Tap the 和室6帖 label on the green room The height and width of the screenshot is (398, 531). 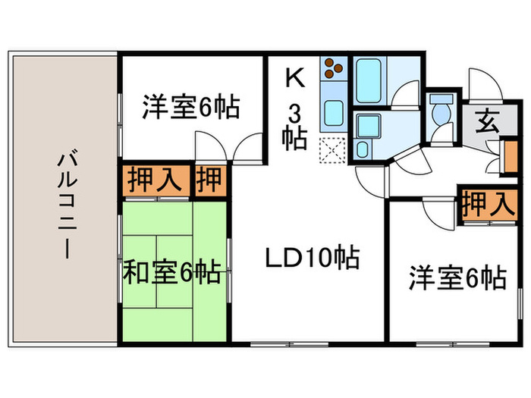(x=172, y=271)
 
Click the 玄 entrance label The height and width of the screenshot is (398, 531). (x=485, y=121)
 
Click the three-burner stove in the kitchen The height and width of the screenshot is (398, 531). (x=333, y=70)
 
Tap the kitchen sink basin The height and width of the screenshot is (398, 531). (x=333, y=112)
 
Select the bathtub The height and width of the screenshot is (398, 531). (x=370, y=80)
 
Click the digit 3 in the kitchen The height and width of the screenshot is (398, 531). (x=293, y=112)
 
